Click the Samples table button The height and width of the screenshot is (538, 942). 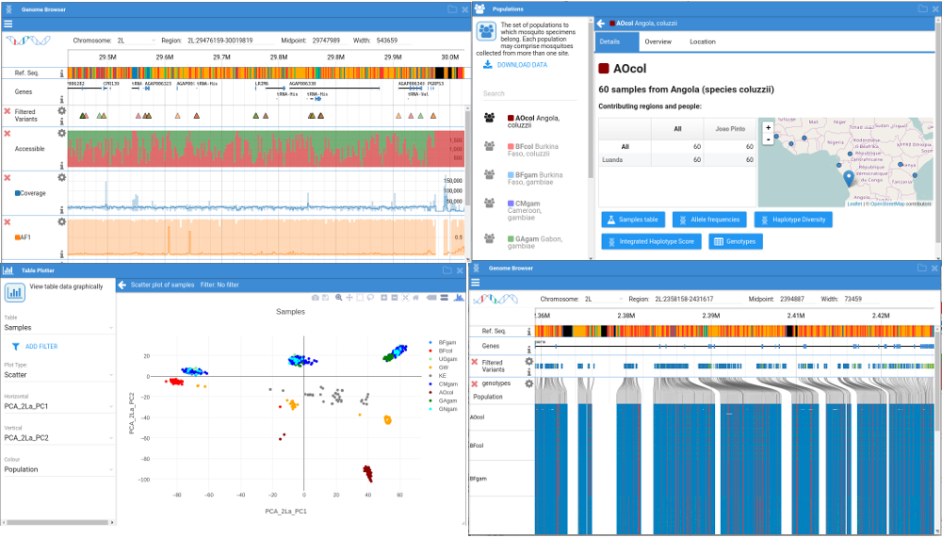pyautogui.click(x=633, y=220)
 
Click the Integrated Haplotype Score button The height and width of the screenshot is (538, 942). pyautogui.click(x=651, y=241)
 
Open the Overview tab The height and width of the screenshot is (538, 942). pyautogui.click(x=658, y=41)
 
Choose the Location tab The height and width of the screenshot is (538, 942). pyautogui.click(x=702, y=41)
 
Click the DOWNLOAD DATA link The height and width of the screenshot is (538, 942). pyautogui.click(x=521, y=65)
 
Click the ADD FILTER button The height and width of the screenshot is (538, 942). pyautogui.click(x=41, y=347)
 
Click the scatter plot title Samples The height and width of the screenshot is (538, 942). pyautogui.click(x=290, y=311)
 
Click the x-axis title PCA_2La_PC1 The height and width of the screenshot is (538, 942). pyautogui.click(x=286, y=511)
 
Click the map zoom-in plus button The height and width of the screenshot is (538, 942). pyautogui.click(x=769, y=127)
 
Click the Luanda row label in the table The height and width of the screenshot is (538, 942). pyautogui.click(x=611, y=160)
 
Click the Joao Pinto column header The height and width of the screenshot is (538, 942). pyautogui.click(x=731, y=129)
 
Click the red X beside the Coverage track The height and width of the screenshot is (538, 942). pyautogui.click(x=8, y=177)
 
